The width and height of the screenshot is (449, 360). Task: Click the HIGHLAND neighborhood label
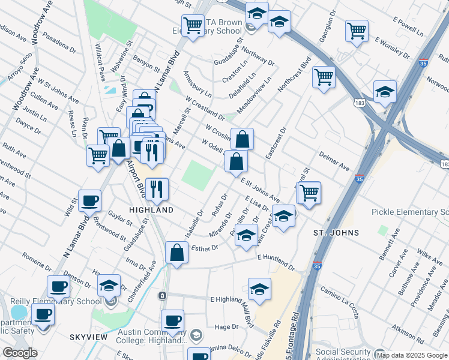coord(152,210)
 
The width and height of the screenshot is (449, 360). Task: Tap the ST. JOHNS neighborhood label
coord(336,232)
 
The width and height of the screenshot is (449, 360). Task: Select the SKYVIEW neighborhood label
coord(88,337)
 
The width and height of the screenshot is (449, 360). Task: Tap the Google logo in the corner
coord(20,353)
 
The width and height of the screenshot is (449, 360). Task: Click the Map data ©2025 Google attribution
coord(412,355)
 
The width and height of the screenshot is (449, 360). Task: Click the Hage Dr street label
coord(227,326)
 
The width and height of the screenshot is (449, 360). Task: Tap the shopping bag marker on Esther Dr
coord(177,254)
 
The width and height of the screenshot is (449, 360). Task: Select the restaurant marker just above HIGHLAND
coord(157,190)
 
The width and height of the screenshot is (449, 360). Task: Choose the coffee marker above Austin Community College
coord(173,321)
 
